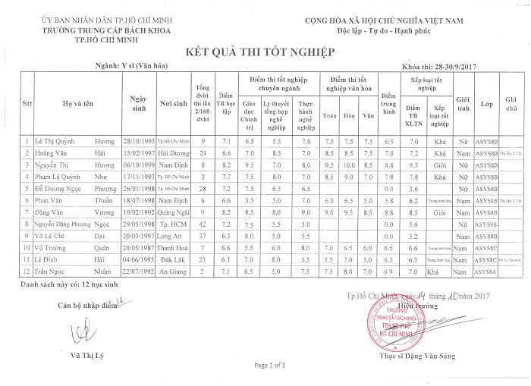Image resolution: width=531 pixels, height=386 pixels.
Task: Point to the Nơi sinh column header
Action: click(174, 103)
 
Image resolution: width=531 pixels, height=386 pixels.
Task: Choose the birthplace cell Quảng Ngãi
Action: click(174, 215)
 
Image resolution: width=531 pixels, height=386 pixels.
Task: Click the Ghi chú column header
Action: click(511, 103)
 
